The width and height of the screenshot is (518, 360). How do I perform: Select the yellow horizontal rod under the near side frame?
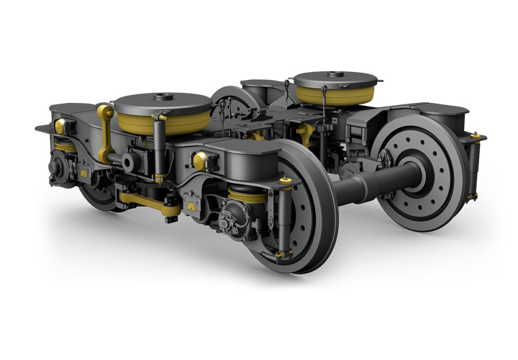[147, 202]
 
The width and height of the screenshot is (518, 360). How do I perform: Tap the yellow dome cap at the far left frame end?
[60, 126]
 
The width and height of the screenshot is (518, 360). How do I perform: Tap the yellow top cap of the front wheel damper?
[286, 180]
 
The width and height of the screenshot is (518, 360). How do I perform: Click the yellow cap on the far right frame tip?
[474, 135]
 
